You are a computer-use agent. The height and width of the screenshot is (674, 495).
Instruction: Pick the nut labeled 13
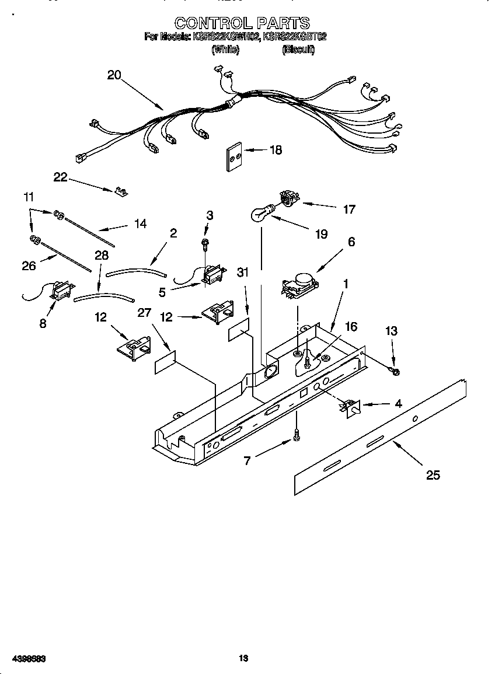coord(395,371)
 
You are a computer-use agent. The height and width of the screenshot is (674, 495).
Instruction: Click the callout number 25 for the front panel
coord(433,475)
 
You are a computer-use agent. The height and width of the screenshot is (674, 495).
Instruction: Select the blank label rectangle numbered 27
coord(165,362)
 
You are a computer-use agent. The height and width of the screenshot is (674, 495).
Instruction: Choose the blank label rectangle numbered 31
coord(238,330)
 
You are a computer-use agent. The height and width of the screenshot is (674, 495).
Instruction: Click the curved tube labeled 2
coord(136,270)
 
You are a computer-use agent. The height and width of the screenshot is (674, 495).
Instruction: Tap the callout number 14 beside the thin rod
coord(140,223)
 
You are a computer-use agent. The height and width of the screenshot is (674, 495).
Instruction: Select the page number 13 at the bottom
coord(244,658)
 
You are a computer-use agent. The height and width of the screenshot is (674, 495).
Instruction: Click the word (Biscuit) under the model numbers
coord(298,50)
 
